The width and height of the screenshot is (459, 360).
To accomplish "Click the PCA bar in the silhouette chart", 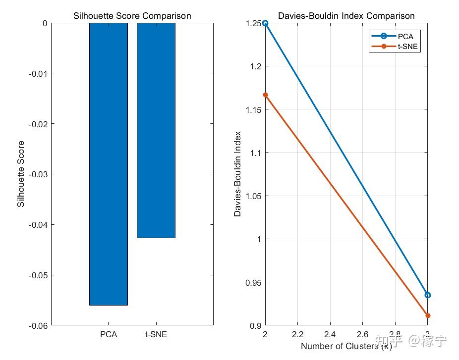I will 108,163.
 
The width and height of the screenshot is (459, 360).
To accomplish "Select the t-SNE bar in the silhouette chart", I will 156,130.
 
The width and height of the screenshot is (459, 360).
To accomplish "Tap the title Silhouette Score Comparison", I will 132,16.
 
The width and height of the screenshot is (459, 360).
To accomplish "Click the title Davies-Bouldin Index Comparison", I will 346,16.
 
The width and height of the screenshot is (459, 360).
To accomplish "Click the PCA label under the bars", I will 109,334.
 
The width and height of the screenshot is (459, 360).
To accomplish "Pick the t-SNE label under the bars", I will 156,334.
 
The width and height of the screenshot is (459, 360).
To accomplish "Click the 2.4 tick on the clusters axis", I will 330,335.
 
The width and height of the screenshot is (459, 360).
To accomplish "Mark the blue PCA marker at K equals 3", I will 428,295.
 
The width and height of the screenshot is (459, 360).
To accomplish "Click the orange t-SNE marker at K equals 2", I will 265,95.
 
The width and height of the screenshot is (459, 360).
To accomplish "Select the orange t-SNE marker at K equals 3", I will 428,315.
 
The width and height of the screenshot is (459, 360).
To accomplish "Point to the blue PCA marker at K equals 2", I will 265,23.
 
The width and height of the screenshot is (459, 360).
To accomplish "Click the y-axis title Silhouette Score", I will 21,174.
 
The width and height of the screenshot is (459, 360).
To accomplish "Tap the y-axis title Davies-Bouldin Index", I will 237,174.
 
